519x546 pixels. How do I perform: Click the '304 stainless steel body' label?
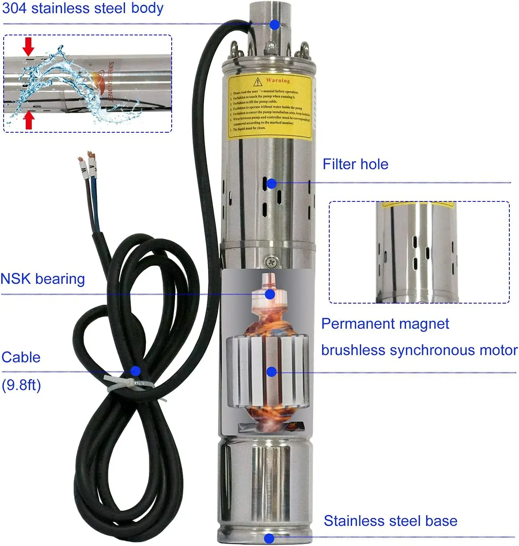[82, 8]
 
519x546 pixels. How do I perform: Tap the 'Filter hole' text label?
[355, 164]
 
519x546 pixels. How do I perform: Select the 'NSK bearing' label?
[43, 279]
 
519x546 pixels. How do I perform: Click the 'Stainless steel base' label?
[390, 521]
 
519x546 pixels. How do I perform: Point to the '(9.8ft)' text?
[21, 385]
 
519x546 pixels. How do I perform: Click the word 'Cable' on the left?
[21, 357]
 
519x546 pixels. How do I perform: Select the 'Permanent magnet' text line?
[385, 324]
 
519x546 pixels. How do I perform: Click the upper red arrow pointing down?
[28, 46]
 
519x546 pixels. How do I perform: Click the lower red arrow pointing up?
[29, 120]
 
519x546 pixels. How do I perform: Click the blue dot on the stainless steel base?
[269, 538]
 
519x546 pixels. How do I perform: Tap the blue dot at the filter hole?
[272, 183]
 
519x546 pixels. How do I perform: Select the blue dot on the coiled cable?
[135, 370]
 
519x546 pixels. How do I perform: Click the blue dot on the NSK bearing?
[270, 294]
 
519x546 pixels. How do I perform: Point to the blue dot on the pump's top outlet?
[275, 25]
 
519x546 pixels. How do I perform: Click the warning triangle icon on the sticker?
[257, 82]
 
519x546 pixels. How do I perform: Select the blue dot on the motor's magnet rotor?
[271, 372]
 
